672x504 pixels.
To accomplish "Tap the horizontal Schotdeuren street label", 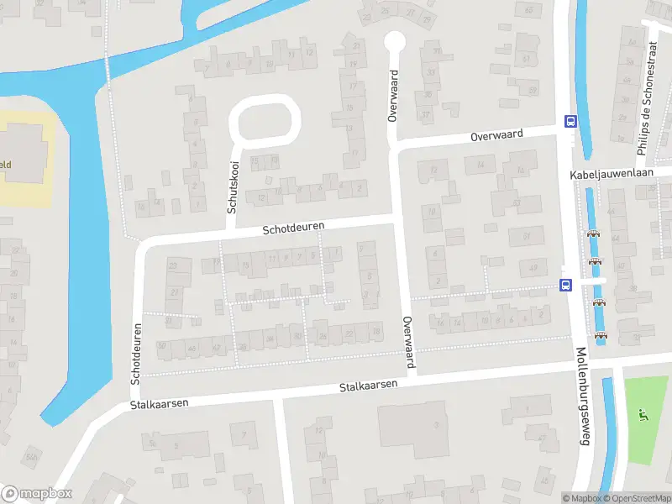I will tap(293, 228).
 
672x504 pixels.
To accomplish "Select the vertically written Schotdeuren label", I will tap(135, 352).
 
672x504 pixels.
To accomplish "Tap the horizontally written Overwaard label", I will tap(496, 134).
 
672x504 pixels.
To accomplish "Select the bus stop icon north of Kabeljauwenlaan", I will tap(570, 120).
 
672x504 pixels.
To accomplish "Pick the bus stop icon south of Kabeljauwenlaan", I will tap(565, 285).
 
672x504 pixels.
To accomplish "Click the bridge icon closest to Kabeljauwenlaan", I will tap(593, 235).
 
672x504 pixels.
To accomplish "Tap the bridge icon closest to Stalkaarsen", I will tap(601, 336).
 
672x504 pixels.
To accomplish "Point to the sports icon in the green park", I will tap(643, 414).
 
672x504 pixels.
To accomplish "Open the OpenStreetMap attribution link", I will tap(633, 498).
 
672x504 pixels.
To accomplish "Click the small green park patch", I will tap(646, 420).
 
